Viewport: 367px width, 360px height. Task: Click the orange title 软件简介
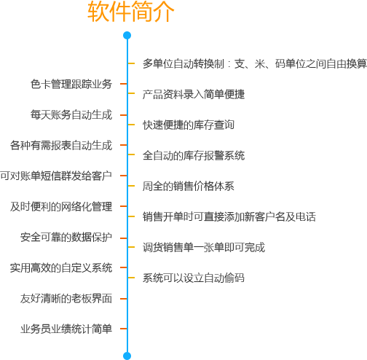[x=131, y=11]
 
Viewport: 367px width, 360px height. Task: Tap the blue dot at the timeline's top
[x=127, y=36]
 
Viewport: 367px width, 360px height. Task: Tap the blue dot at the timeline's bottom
[x=127, y=356]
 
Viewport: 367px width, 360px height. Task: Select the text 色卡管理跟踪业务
[x=71, y=84]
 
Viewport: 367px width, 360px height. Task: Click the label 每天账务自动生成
[x=71, y=114]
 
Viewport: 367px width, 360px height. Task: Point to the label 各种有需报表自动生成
[x=61, y=145]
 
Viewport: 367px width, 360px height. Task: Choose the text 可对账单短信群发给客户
[x=56, y=176]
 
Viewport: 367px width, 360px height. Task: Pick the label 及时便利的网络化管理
[x=61, y=206]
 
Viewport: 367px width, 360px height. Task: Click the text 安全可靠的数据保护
[x=66, y=238]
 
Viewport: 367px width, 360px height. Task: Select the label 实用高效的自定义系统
[x=61, y=268]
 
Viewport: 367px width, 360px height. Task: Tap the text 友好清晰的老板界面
[x=66, y=299]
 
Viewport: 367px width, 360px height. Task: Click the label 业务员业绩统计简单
[x=66, y=329]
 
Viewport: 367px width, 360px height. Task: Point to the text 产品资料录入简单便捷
[x=194, y=94]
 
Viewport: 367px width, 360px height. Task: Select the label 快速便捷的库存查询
[x=189, y=125]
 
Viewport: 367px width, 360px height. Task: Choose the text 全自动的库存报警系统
[x=194, y=155]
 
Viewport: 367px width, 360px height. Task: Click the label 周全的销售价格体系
[x=189, y=186]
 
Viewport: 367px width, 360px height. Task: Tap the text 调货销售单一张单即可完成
[x=204, y=247]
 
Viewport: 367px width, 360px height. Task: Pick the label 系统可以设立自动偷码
[x=194, y=278]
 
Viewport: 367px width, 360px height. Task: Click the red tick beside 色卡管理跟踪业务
[x=123, y=84]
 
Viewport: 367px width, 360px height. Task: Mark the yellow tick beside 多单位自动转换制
[x=131, y=63]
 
